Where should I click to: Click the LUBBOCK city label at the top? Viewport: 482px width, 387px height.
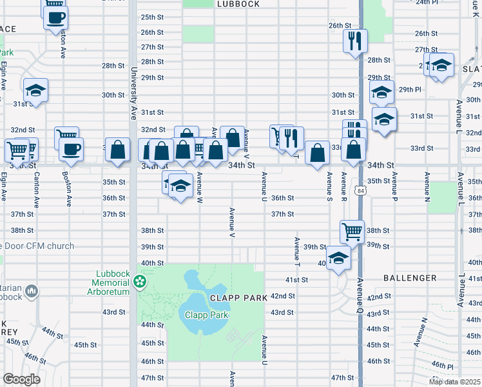[238, 4]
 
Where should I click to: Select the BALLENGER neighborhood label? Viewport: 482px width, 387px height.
[409, 278]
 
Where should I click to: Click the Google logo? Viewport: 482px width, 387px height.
[21, 379]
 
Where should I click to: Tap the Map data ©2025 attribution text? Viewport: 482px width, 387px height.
[455, 382]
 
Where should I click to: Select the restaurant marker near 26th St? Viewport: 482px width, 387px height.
[355, 41]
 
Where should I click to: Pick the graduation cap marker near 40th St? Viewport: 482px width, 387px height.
[338, 257]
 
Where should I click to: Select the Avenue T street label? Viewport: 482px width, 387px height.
[297, 252]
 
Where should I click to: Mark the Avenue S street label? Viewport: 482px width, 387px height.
[329, 185]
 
